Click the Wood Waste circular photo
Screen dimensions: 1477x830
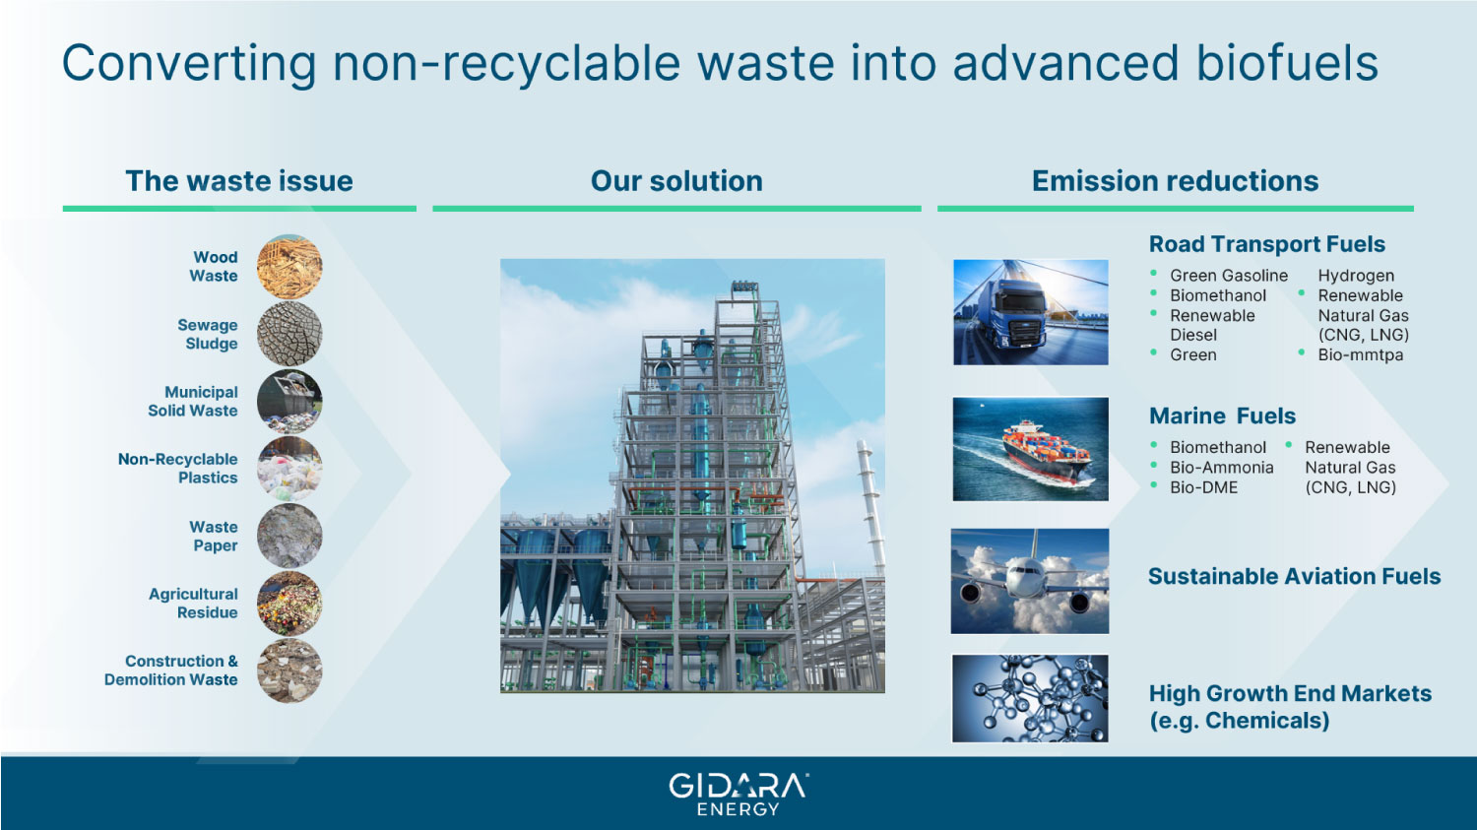[x=289, y=267]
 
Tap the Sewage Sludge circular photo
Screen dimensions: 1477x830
[x=289, y=334]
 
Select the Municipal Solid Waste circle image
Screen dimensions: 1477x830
[x=289, y=402]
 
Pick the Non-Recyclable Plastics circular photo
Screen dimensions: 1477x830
[x=289, y=469]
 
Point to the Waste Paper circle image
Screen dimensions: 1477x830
[x=289, y=536]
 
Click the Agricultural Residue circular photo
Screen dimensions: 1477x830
[x=289, y=604]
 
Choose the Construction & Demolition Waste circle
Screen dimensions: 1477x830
[x=289, y=670]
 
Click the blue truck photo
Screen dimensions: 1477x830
[x=1031, y=312]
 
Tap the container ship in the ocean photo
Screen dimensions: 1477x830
[x=1031, y=449]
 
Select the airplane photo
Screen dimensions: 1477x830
[x=1030, y=581]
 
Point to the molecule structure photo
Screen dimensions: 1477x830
[x=1030, y=698]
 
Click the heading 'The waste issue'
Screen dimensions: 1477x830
[x=239, y=180]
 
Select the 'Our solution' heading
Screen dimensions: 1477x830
[x=676, y=180]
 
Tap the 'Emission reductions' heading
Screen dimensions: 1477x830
[x=1175, y=180]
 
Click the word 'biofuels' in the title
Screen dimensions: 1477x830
[x=1287, y=63]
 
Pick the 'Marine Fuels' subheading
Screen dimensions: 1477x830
[x=1223, y=416]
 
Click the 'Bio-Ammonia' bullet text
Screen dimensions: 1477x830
[x=1222, y=468]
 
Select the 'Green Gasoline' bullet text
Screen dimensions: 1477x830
[x=1229, y=276]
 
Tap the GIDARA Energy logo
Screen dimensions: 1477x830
[x=738, y=795]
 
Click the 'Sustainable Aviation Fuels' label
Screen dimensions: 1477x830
[x=1295, y=576]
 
